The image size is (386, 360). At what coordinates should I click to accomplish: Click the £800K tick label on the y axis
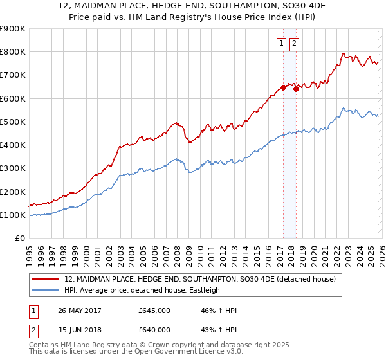pyautogui.click(x=13, y=51)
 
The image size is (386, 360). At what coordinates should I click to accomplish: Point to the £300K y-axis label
pyautogui.click(x=13, y=168)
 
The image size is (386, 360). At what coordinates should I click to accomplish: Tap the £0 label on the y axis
pyautogui.click(x=20, y=239)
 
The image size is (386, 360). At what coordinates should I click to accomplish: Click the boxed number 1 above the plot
pyautogui.click(x=282, y=44)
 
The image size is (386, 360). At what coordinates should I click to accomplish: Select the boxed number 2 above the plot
pyautogui.click(x=294, y=44)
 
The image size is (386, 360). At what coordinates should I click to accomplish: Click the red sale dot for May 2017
pyautogui.click(x=283, y=88)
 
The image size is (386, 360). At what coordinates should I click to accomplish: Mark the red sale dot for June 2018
pyautogui.click(x=296, y=89)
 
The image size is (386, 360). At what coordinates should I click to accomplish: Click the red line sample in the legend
pyautogui.click(x=46, y=280)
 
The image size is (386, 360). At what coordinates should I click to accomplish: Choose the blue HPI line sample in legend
pyautogui.click(x=46, y=290)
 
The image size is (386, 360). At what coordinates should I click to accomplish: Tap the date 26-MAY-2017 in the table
pyautogui.click(x=80, y=310)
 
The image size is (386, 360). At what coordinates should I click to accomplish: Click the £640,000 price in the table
pyautogui.click(x=154, y=330)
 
